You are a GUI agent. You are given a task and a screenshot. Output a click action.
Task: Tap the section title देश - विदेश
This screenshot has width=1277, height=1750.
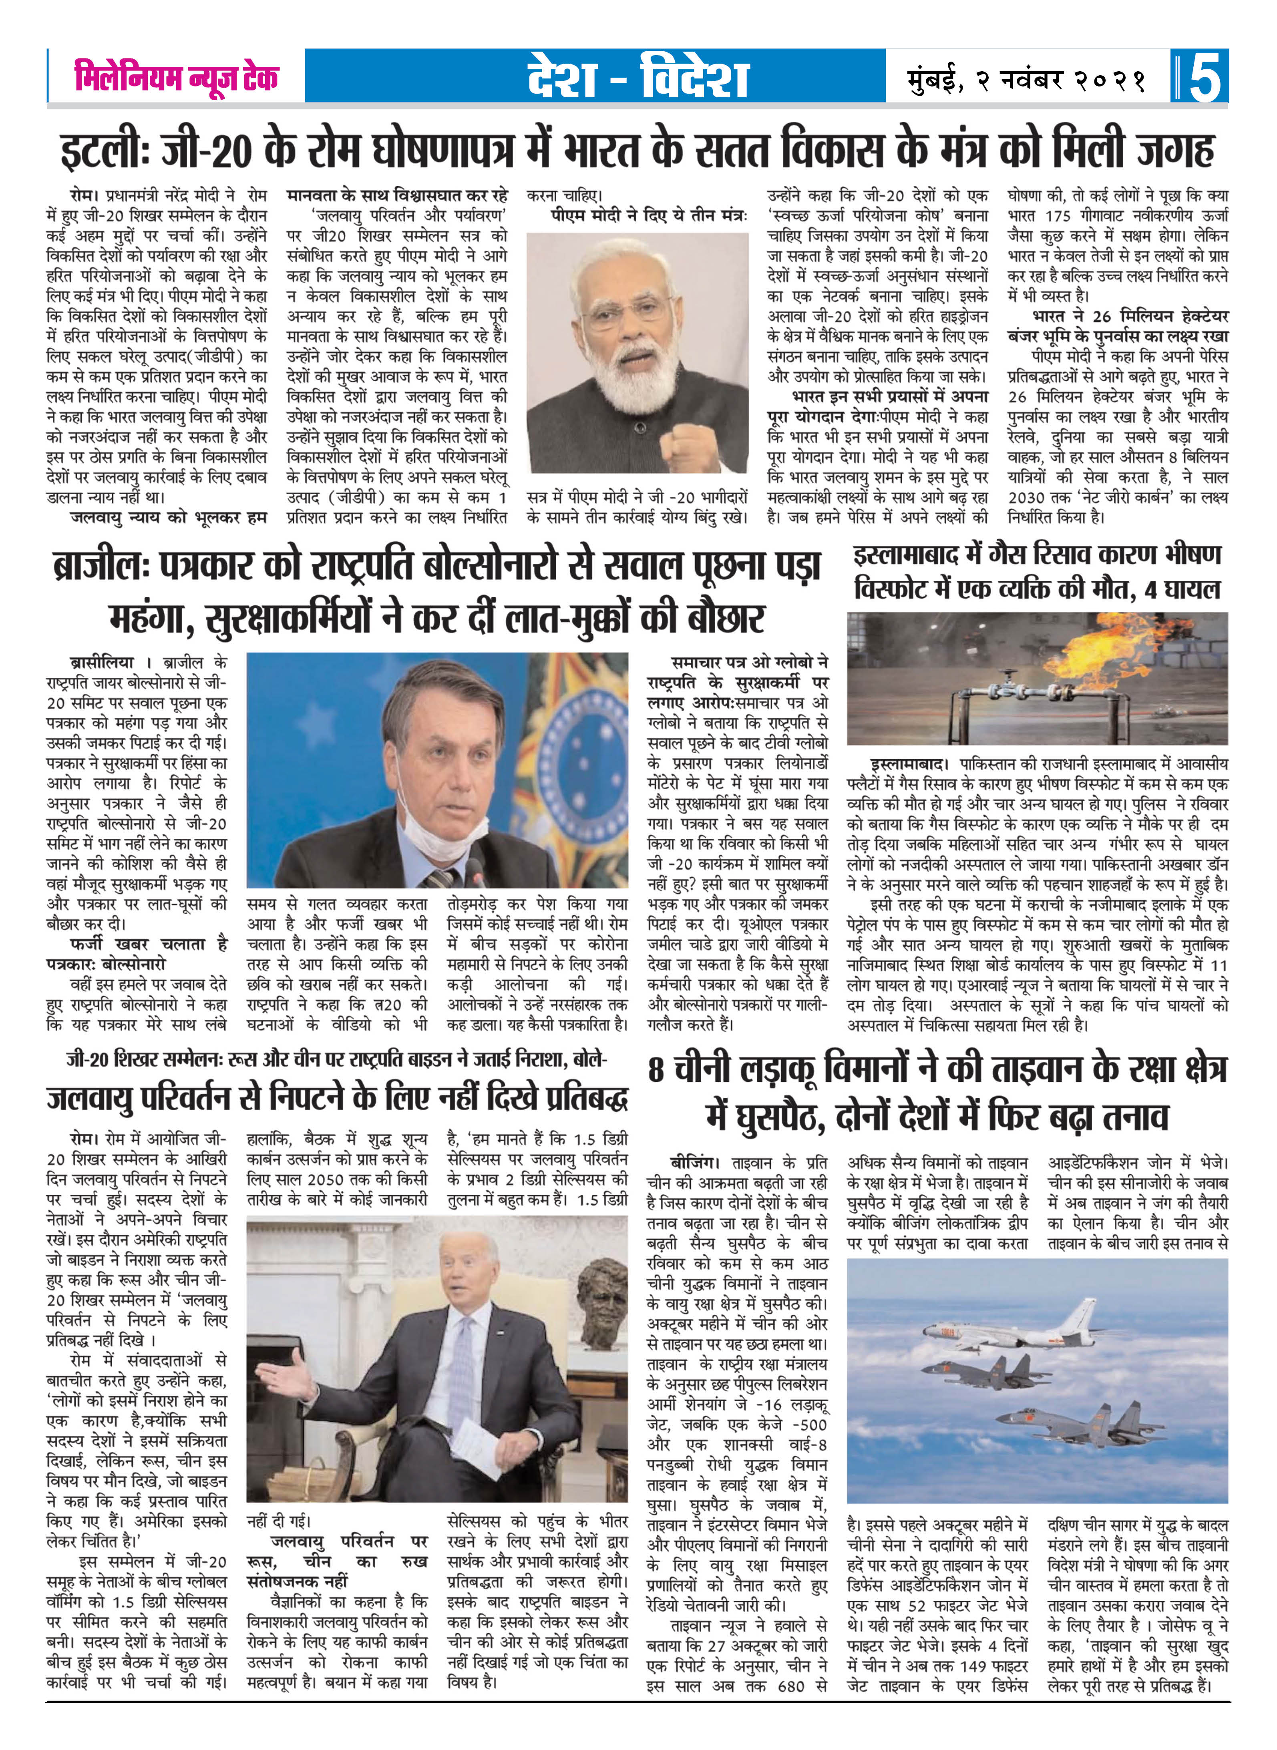pos(638,77)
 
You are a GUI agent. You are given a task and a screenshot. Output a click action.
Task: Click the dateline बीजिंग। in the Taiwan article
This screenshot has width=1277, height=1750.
pos(694,1163)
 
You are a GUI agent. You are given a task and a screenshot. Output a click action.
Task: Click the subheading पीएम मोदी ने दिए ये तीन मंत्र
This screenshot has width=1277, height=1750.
pos(648,216)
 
